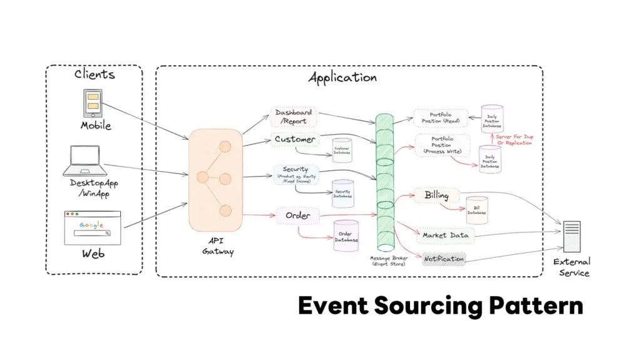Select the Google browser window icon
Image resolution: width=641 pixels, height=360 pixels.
click(92, 228)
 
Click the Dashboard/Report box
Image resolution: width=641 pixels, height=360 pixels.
click(294, 116)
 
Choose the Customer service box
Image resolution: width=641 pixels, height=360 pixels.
click(295, 138)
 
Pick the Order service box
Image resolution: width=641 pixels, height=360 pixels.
click(298, 216)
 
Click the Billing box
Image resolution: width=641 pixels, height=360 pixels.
click(436, 195)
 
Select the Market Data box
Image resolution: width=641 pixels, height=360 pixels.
click(445, 235)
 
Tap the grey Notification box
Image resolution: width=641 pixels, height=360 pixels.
click(444, 259)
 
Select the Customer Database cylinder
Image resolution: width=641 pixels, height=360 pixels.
click(342, 151)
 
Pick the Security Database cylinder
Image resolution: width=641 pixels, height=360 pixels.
click(342, 193)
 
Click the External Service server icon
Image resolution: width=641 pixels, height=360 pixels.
click(572, 237)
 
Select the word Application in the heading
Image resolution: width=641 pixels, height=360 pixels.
click(342, 78)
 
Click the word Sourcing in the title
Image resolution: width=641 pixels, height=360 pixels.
click(429, 306)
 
